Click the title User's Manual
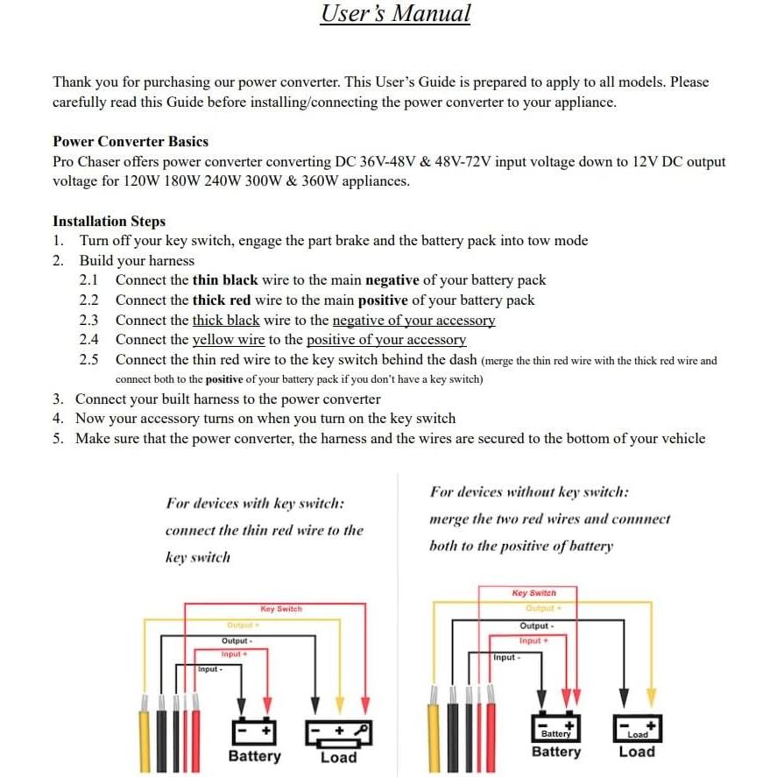(395, 14)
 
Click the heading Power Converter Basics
(131, 142)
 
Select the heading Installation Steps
(109, 222)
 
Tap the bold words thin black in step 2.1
(225, 280)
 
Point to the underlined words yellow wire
(229, 340)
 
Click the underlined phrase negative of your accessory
(413, 321)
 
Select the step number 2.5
(88, 360)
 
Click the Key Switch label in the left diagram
(281, 609)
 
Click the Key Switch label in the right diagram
(533, 593)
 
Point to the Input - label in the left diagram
(209, 669)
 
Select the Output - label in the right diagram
(535, 626)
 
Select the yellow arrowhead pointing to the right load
(651, 697)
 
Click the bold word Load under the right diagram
(636, 752)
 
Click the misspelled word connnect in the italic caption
(640, 519)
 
